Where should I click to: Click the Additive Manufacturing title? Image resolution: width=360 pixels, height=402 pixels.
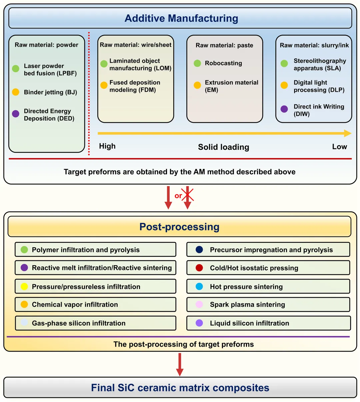pyautogui.click(x=181, y=18)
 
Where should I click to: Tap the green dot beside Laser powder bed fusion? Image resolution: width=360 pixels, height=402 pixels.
pyautogui.click(x=16, y=69)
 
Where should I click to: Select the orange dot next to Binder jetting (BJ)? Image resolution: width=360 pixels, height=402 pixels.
pyautogui.click(x=16, y=92)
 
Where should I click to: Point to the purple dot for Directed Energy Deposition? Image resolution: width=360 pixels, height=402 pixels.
pyautogui.click(x=16, y=114)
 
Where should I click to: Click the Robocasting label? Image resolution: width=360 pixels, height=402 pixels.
pyautogui.click(x=223, y=63)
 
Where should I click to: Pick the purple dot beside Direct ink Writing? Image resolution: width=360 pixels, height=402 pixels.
pyautogui.click(x=284, y=109)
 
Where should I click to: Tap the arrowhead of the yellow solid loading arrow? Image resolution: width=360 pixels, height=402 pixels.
pyautogui.click(x=348, y=133)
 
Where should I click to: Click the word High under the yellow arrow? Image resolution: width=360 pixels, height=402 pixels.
pyautogui.click(x=107, y=146)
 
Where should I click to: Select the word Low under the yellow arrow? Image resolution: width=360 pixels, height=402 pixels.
pyautogui.click(x=339, y=147)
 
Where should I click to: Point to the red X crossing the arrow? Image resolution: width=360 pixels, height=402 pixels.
pyautogui.click(x=187, y=194)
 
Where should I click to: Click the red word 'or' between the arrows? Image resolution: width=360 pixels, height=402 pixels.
pyautogui.click(x=178, y=196)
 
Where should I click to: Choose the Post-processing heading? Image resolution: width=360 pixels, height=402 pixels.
pyautogui.click(x=179, y=227)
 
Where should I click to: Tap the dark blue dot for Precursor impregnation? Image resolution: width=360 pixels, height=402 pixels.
pyautogui.click(x=199, y=250)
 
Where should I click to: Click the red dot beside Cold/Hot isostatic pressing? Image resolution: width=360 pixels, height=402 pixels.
pyautogui.click(x=199, y=268)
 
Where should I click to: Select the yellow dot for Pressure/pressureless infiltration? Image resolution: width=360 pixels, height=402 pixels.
pyautogui.click(x=24, y=287)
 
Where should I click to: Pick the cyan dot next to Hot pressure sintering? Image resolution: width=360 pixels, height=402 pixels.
pyautogui.click(x=199, y=287)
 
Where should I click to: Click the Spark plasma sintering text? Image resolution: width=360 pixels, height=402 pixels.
pyautogui.click(x=247, y=304)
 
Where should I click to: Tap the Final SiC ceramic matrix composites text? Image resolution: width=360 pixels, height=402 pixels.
pyautogui.click(x=180, y=388)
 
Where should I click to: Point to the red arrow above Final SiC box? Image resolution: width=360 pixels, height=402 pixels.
pyautogui.click(x=180, y=365)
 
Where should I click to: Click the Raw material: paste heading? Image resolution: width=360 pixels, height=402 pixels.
pyautogui.click(x=224, y=45)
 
